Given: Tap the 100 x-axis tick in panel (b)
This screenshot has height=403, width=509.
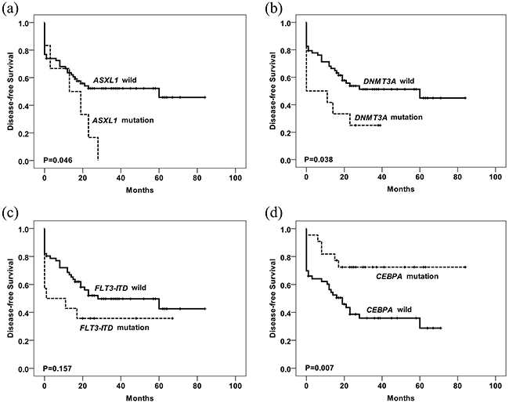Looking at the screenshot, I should click(x=494, y=176).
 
